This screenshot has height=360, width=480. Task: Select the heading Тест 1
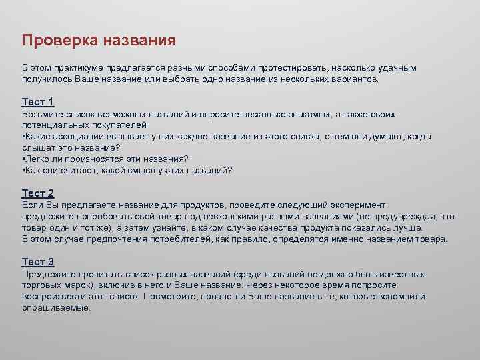click(38, 102)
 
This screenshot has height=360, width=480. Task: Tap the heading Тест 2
click(38, 193)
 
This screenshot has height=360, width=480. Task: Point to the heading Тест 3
click(38, 262)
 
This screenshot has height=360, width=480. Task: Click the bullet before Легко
click(23, 159)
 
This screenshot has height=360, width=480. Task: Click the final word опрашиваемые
click(55, 308)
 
